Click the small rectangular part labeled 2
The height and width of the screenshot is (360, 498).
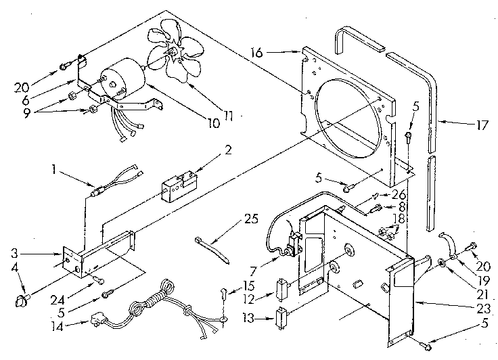coord(180,183)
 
